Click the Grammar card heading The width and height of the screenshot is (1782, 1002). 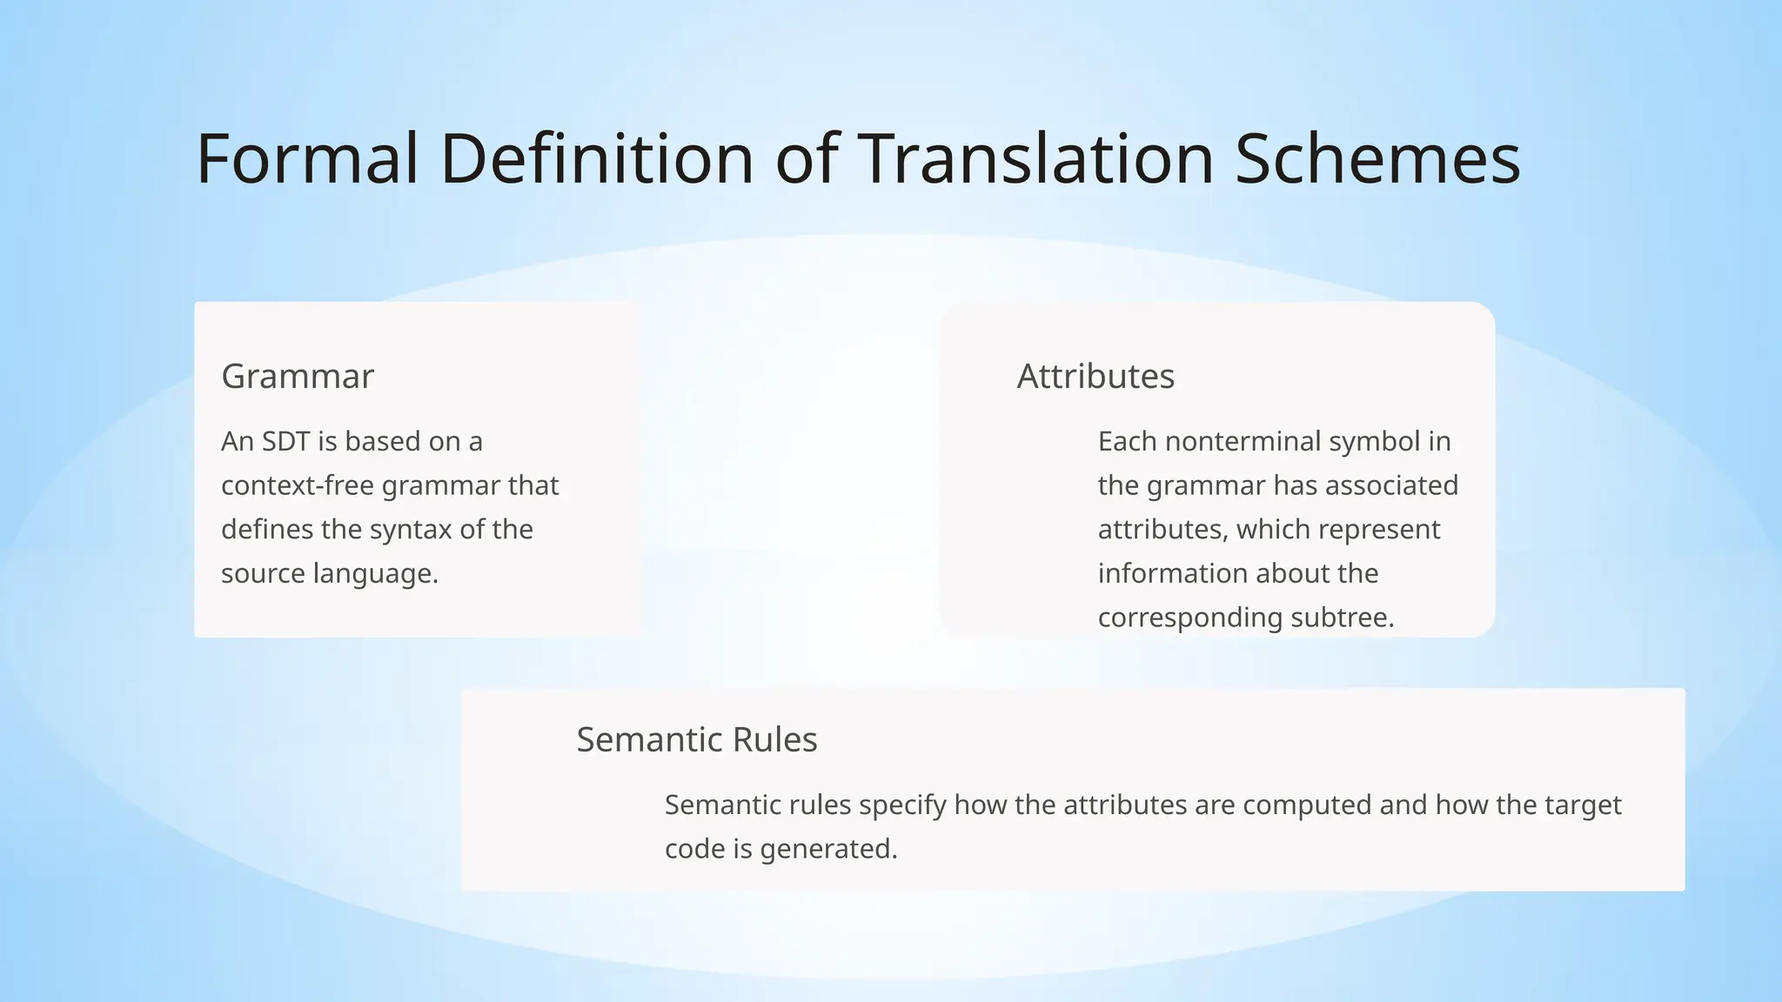click(x=298, y=377)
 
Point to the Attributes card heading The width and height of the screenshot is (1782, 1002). click(x=1095, y=377)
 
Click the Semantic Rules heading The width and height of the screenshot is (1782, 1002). click(x=696, y=740)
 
